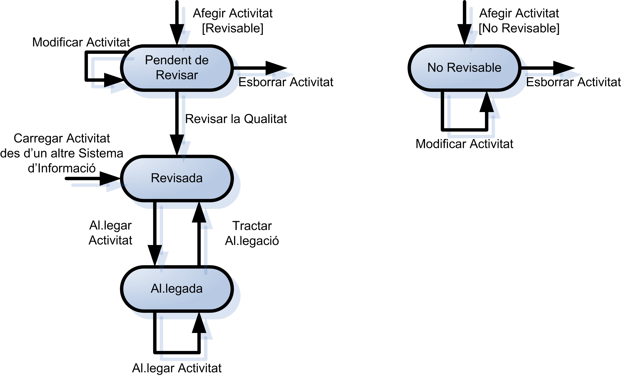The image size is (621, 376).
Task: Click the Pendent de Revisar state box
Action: pyautogui.click(x=176, y=68)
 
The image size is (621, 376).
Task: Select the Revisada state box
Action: pyautogui.click(x=176, y=178)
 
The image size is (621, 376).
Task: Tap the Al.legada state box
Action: pyautogui.click(x=176, y=289)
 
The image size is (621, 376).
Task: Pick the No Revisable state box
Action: pyautogui.click(x=464, y=68)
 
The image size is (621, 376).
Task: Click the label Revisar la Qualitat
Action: pyautogui.click(x=236, y=119)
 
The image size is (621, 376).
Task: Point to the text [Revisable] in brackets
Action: pyautogui.click(x=232, y=28)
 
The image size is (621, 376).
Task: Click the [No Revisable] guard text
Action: pyautogui.click(x=519, y=28)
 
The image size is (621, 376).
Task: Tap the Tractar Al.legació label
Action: pyautogui.click(x=252, y=233)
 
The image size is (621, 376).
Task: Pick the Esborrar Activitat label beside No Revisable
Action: pyautogui.click(x=573, y=82)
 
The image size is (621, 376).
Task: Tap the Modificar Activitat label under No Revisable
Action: pyautogui.click(x=464, y=144)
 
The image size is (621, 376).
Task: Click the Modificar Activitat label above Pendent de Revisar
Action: pyautogui.click(x=81, y=42)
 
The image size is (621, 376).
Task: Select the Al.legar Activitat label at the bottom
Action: pyautogui.click(x=176, y=368)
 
